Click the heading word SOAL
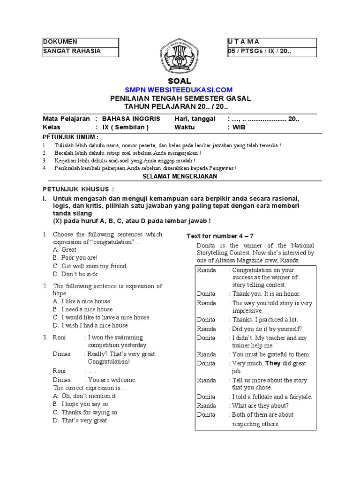coord(180,81)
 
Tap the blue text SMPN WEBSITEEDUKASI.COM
coord(179,90)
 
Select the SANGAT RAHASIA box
coord(80,51)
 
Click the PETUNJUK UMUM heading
coord(71,137)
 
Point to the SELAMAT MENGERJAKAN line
coord(179,176)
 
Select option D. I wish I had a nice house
coord(90,325)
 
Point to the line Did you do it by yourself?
coord(267,329)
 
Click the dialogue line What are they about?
coord(260,405)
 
